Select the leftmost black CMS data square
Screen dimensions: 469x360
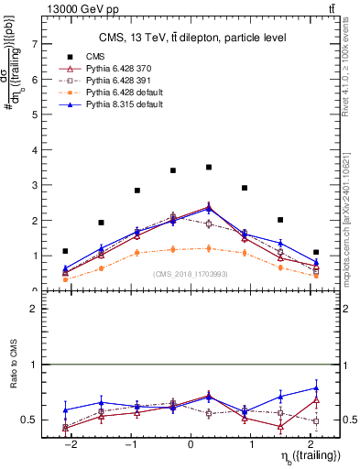pyautogui.click(x=65, y=251)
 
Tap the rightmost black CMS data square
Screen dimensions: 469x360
pyautogui.click(x=316, y=252)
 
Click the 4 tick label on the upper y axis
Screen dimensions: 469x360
pyautogui.click(x=34, y=150)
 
